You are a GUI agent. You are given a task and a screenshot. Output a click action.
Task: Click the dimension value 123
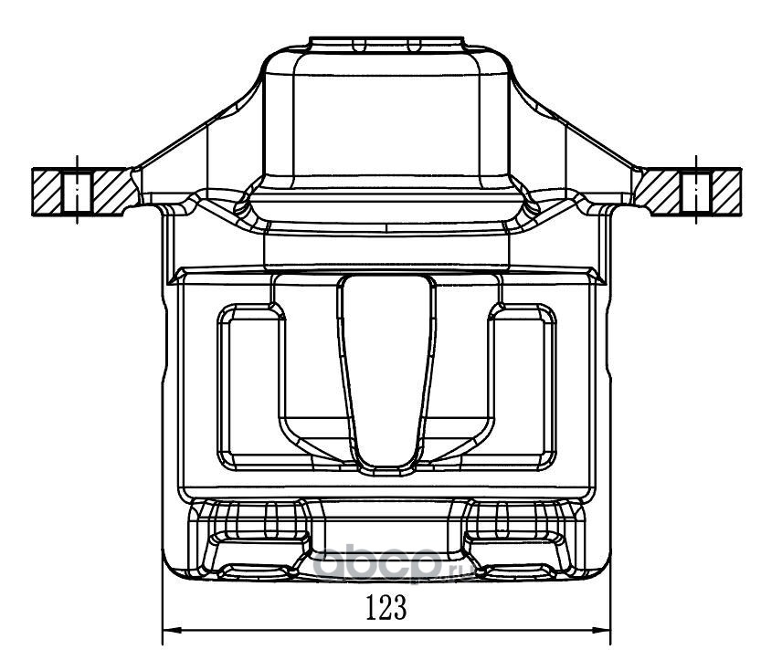[386, 607]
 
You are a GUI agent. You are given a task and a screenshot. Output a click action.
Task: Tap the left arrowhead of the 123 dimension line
[171, 630]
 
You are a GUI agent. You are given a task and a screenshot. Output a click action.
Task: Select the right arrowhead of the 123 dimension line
[602, 630]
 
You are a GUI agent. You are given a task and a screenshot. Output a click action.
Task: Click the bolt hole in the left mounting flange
[77, 192]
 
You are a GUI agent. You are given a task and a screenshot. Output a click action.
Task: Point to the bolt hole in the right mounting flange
[696, 192]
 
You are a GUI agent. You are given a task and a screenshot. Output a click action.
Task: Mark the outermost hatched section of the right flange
[726, 192]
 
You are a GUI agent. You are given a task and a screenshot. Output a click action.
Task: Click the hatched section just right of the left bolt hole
[113, 192]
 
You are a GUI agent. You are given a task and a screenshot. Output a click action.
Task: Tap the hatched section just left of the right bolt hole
[659, 192]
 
